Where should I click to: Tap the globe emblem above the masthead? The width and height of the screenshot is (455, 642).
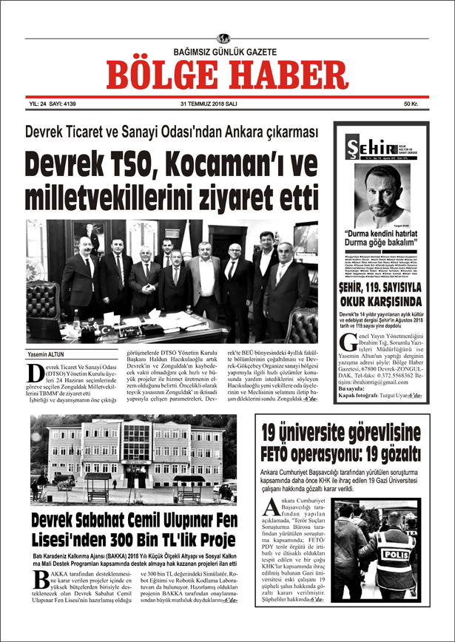(x=224, y=38)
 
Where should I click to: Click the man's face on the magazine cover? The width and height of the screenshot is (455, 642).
(x=382, y=189)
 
